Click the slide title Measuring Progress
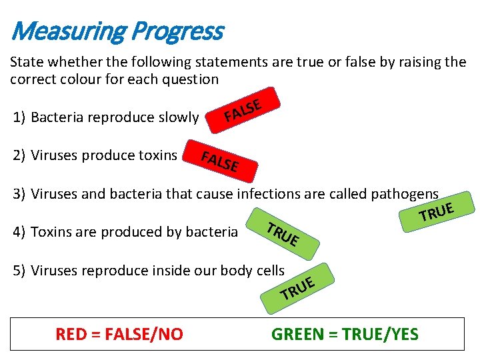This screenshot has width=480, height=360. pyautogui.click(x=117, y=31)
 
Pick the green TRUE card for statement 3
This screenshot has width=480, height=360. pyautogui.click(x=437, y=211)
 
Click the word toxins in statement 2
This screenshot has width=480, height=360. pyautogui.click(x=157, y=156)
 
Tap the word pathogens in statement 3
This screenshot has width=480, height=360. pyautogui.click(x=405, y=194)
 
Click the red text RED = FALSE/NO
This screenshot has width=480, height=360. pyautogui.click(x=119, y=334)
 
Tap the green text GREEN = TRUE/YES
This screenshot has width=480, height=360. pyautogui.click(x=345, y=334)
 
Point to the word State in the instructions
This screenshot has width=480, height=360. pyautogui.click(x=26, y=63)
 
